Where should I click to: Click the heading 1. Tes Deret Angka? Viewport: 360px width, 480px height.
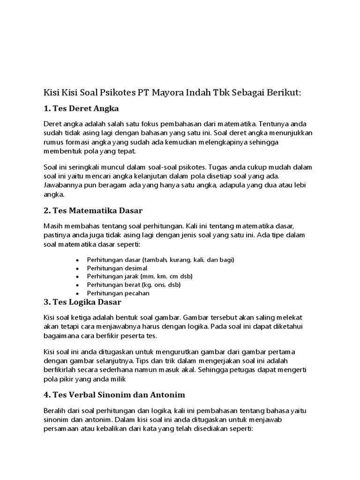[x=81, y=108]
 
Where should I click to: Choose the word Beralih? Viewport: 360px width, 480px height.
[x=55, y=411]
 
